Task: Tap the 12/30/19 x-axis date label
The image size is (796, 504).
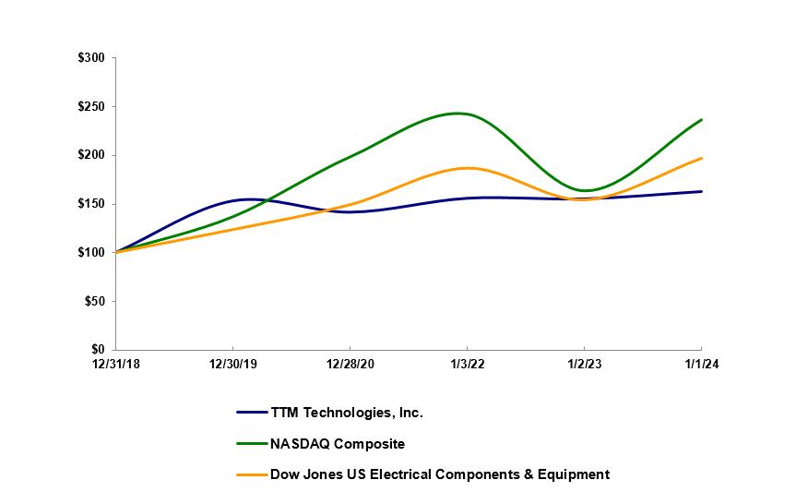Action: coord(233,364)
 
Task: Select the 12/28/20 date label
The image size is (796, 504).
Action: coord(350,364)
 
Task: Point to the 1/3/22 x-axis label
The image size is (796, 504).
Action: coord(468,364)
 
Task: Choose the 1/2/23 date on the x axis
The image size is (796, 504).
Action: coord(585,364)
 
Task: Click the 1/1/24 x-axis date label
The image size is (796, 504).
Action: coord(702,364)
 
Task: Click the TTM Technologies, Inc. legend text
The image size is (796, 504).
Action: coord(346,413)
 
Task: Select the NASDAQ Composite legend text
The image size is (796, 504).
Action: coord(337,444)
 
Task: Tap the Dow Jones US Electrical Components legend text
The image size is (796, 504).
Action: coord(439,474)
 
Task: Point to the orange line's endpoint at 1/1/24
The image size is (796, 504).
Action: coord(702,158)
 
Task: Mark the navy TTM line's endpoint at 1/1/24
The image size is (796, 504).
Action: coord(702,191)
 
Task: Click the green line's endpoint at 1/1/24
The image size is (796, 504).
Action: coord(702,119)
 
